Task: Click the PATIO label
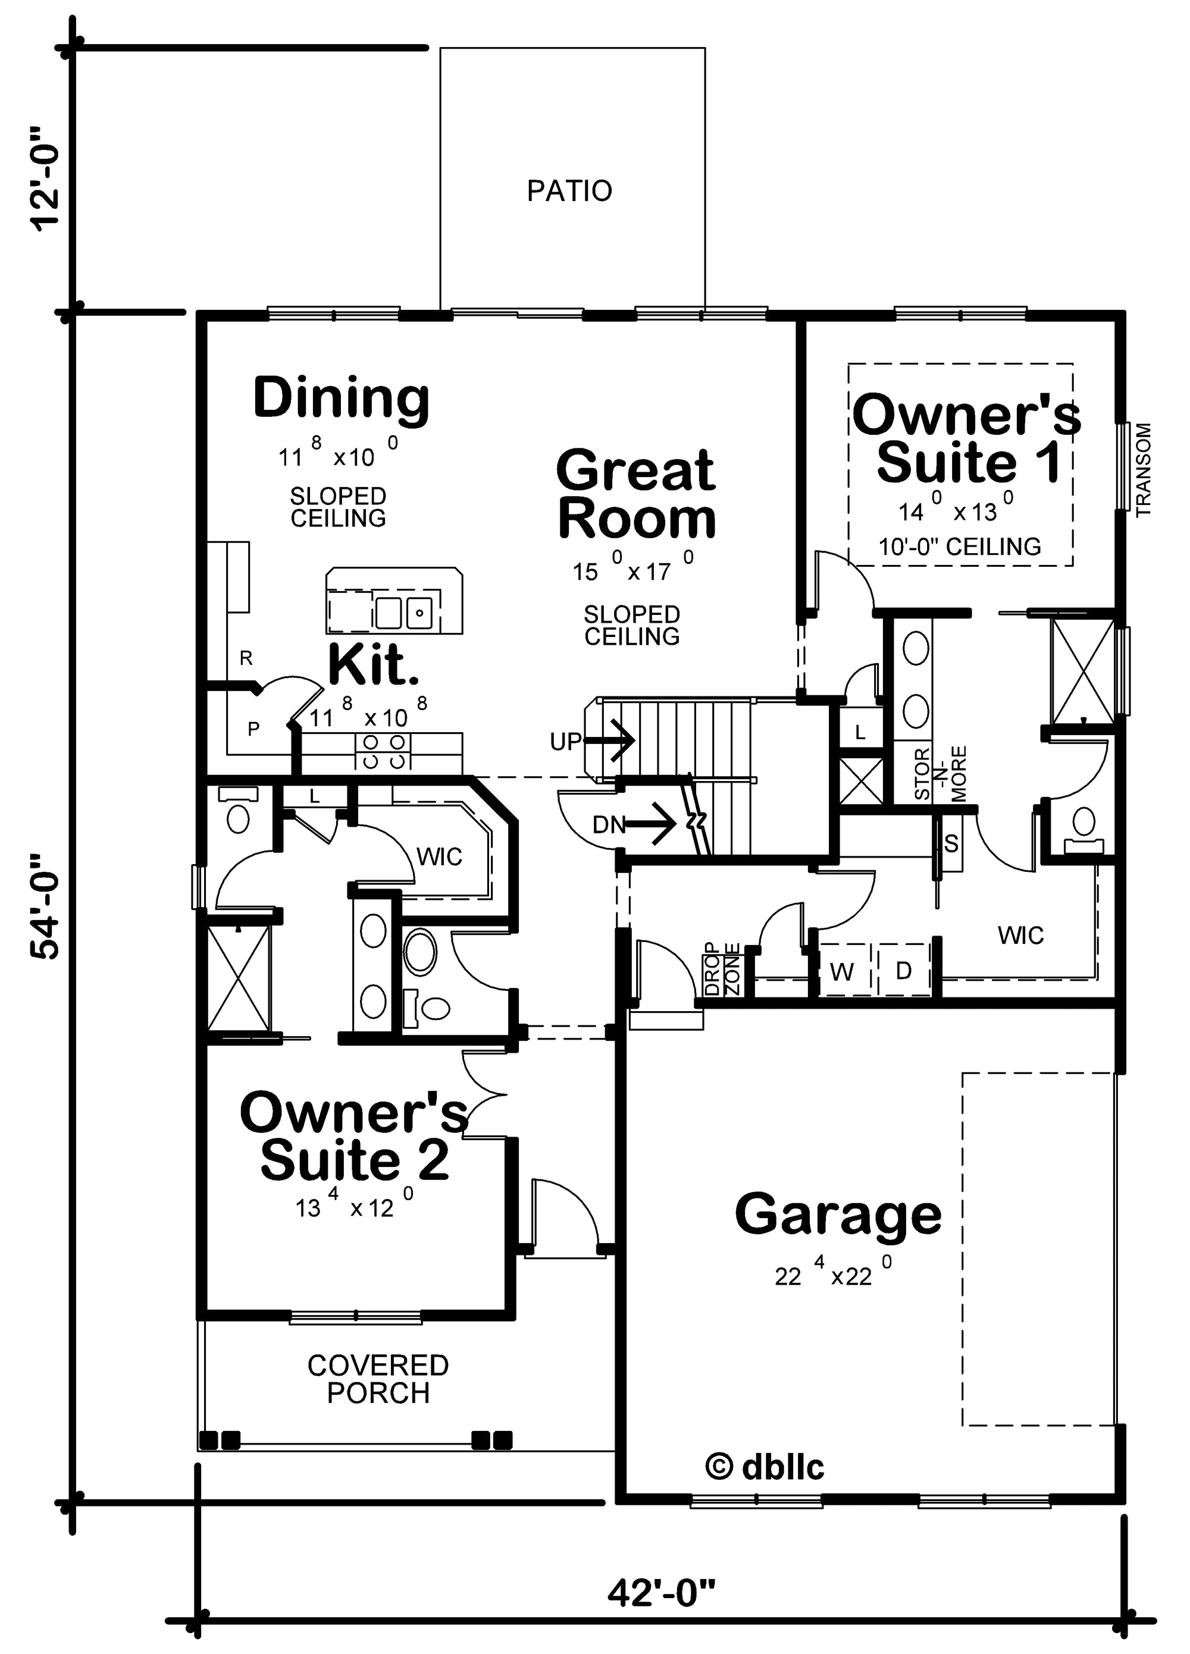[x=569, y=191]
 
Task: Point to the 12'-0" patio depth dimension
[x=45, y=178]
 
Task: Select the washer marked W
[x=842, y=971]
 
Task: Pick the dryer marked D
[x=903, y=971]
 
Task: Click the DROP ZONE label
[x=722, y=969]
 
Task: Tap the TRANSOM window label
[x=1144, y=470]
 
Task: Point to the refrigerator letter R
[x=246, y=658]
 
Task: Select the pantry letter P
[x=253, y=729]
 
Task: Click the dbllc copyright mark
[x=765, y=1467]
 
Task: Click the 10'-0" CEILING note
[x=960, y=547]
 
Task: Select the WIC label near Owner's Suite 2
[x=439, y=856]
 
